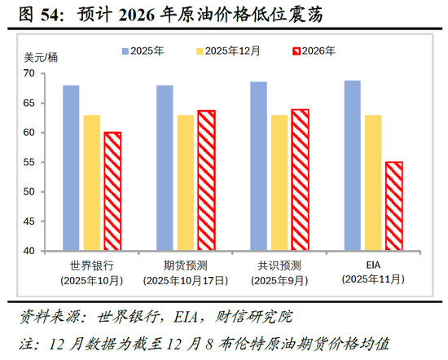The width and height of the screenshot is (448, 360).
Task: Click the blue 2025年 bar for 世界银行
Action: click(x=72, y=168)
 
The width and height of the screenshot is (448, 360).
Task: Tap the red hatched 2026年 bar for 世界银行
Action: click(x=112, y=191)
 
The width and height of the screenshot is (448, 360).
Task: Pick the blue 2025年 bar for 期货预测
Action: click(x=165, y=168)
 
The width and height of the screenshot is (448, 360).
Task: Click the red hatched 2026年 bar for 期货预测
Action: click(x=205, y=180)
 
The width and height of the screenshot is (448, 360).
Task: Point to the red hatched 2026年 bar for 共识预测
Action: click(x=300, y=180)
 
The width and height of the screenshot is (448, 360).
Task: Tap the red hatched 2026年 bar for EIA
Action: click(x=393, y=206)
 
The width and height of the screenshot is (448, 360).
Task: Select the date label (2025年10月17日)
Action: click(x=185, y=280)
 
